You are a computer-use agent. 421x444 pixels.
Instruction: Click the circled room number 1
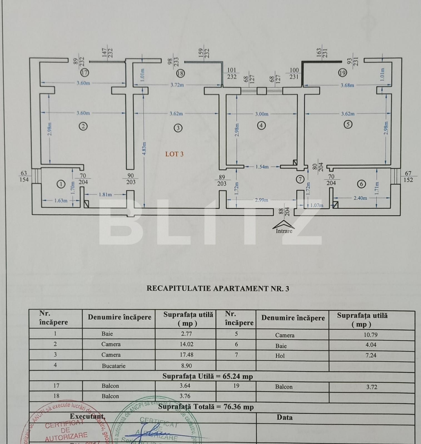pyautogui.click(x=61, y=184)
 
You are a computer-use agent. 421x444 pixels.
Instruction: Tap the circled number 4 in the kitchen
pyautogui.click(x=261, y=125)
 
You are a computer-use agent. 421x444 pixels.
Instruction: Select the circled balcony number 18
pyautogui.click(x=180, y=73)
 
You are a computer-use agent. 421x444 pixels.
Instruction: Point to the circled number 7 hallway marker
pyautogui.click(x=300, y=179)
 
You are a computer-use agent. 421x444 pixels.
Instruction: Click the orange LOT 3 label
pyautogui.click(x=174, y=154)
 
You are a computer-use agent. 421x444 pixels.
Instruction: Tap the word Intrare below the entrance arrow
pyautogui.click(x=284, y=231)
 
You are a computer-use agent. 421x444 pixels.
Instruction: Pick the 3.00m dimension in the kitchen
pyautogui.click(x=262, y=114)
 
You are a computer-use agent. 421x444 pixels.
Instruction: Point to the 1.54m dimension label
pyautogui.click(x=262, y=167)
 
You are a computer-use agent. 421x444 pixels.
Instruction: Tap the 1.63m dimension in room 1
pyautogui.click(x=61, y=200)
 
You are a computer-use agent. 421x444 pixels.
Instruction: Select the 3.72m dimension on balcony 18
pyautogui.click(x=177, y=85)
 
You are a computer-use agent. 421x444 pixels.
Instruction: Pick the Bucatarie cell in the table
pyautogui.click(x=114, y=366)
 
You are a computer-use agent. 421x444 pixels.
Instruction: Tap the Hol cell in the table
pyautogui.click(x=280, y=356)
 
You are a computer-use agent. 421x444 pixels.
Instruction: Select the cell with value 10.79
pyautogui.click(x=371, y=335)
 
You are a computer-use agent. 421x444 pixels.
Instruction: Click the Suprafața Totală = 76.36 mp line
pyautogui.click(x=206, y=407)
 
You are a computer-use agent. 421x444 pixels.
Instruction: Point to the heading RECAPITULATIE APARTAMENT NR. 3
pyautogui.click(x=218, y=289)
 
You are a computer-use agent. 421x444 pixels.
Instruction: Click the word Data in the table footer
pyautogui.click(x=285, y=417)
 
